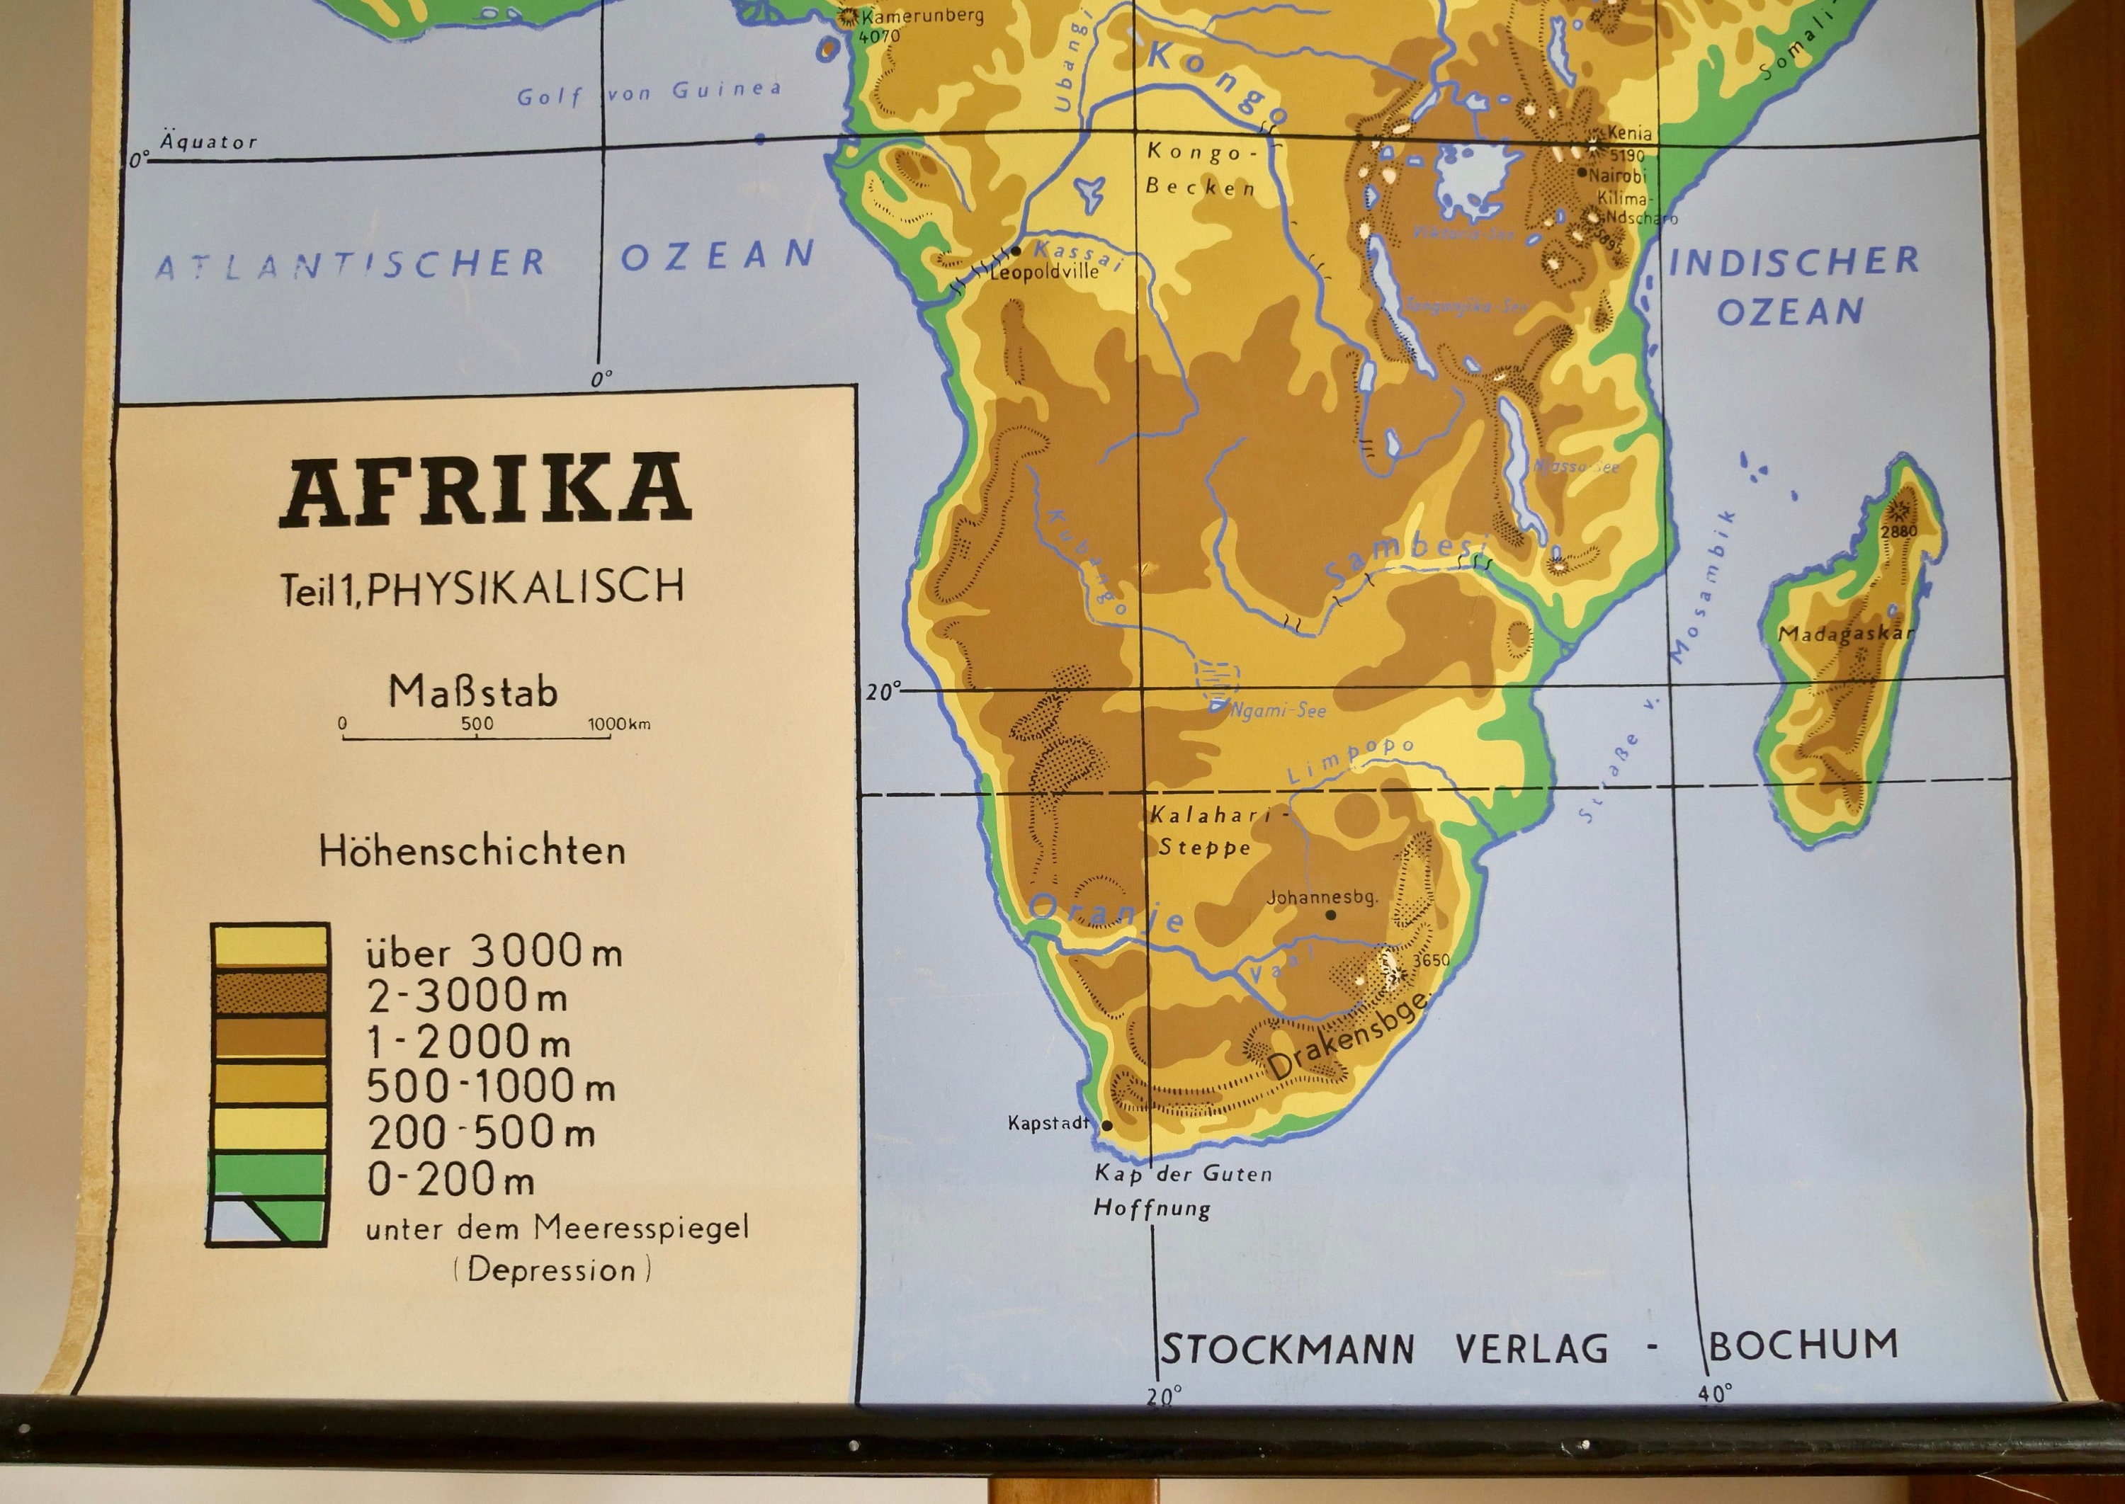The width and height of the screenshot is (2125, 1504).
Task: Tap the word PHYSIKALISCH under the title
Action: (525, 587)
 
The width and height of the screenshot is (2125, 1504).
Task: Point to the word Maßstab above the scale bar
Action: (472, 692)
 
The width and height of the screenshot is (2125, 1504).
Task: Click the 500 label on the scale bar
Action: (477, 723)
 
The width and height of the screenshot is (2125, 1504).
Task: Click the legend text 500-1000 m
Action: (491, 1086)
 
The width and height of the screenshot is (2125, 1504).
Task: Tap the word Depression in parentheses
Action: (552, 1270)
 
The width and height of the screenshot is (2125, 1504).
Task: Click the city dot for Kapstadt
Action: (1106, 1126)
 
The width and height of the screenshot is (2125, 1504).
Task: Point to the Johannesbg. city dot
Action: (1331, 915)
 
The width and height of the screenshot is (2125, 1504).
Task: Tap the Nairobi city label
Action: (1617, 174)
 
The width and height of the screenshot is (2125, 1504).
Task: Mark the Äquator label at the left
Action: (208, 142)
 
